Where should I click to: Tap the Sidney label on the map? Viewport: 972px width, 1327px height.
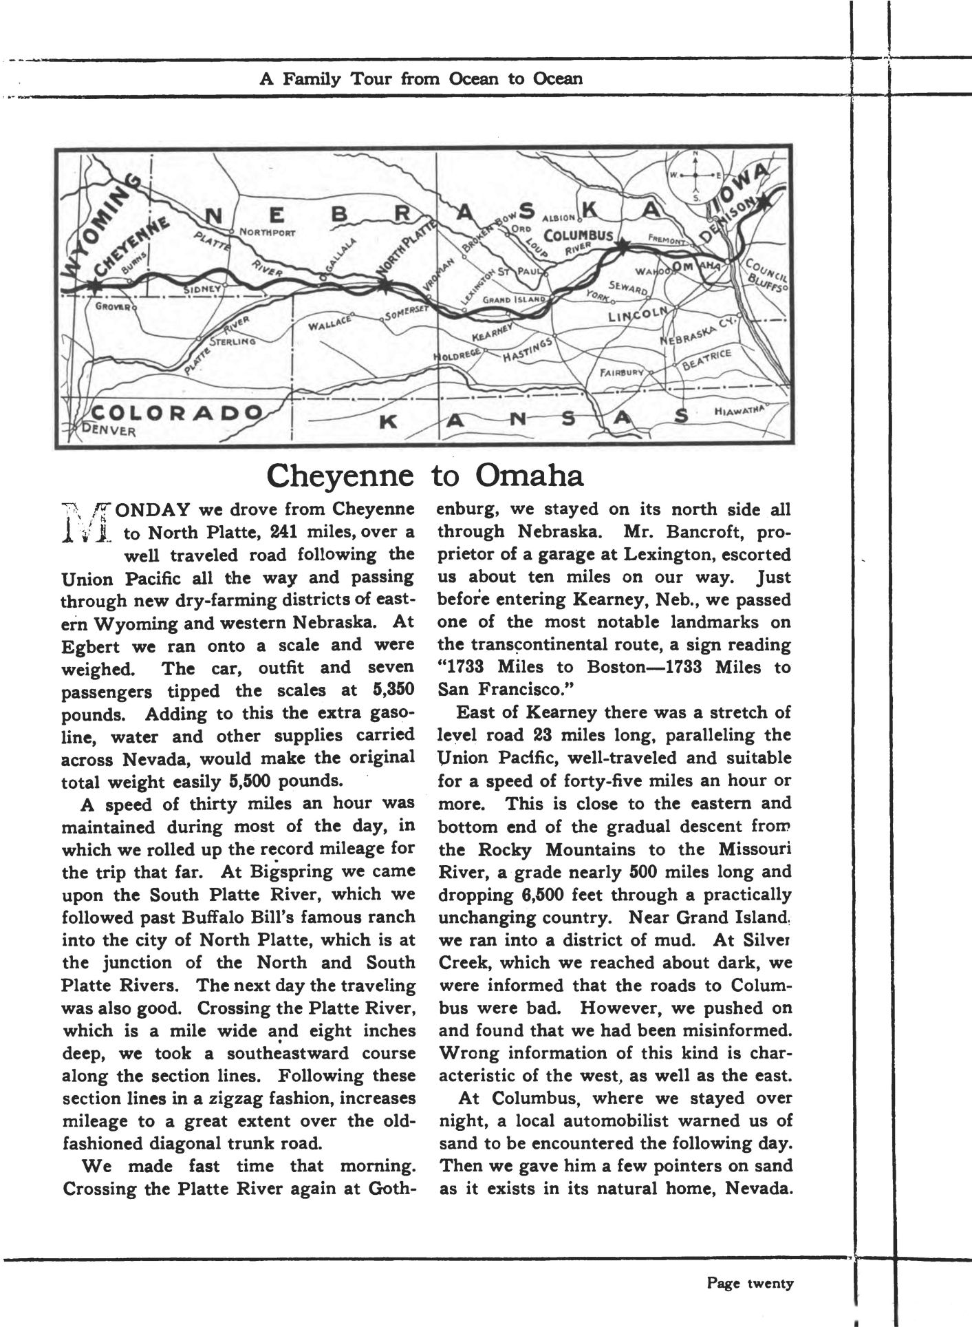point(202,290)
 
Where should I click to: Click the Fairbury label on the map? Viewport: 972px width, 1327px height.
point(622,372)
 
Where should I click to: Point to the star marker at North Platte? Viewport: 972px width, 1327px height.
point(385,284)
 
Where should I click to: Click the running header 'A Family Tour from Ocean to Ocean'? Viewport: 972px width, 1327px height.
point(420,78)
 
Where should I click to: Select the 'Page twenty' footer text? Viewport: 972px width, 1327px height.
point(750,1283)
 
